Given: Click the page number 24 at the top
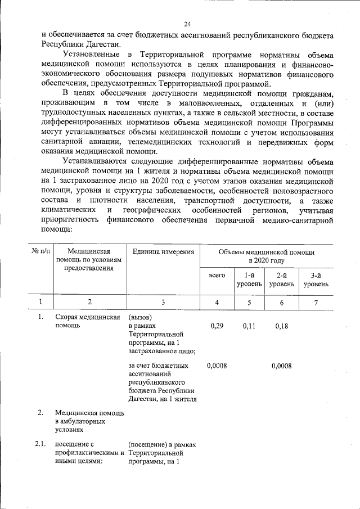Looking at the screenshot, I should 187,24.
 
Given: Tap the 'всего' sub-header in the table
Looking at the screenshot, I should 217,275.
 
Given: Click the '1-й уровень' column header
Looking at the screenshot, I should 249,280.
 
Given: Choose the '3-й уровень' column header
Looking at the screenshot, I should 316,280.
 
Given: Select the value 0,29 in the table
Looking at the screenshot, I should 216,326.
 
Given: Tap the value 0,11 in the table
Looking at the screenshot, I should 249,326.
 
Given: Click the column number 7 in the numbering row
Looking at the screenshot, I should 316,303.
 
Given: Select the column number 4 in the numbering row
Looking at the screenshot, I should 217,303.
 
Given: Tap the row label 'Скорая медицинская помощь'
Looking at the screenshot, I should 87,322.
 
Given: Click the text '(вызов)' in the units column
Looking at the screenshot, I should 140,317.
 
